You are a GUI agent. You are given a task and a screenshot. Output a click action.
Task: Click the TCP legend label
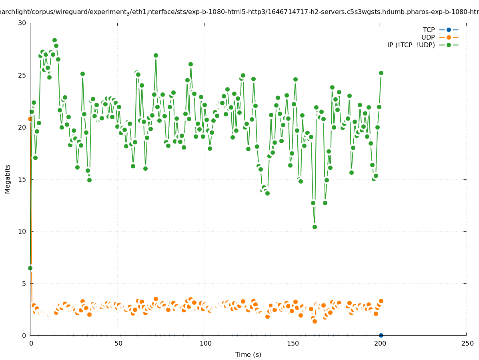pyautogui.click(x=429, y=30)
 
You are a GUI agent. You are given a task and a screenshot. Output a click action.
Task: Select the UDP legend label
pyautogui.click(x=428, y=37)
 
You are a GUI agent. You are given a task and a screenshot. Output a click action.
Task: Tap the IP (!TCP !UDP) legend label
pyautogui.click(x=411, y=45)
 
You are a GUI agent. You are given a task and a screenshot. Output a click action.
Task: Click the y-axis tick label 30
pyautogui.click(x=22, y=23)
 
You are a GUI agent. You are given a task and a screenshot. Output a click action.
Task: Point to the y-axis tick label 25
pyautogui.click(x=22, y=75)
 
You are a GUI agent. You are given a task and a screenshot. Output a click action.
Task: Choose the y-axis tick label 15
pyautogui.click(x=22, y=179)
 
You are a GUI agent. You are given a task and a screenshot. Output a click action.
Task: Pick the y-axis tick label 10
pyautogui.click(x=22, y=231)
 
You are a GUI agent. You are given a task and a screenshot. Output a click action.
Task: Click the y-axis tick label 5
pyautogui.click(x=24, y=284)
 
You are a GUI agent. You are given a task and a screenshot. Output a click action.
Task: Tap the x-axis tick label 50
pyautogui.click(x=118, y=344)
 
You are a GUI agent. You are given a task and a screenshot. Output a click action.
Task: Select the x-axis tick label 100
pyautogui.click(x=205, y=344)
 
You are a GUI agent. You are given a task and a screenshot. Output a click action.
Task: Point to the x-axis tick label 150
pyautogui.click(x=293, y=344)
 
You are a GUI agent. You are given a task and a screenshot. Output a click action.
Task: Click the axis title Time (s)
pyautogui.click(x=248, y=354)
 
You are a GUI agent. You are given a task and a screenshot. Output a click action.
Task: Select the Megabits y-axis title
pyautogui.click(x=8, y=179)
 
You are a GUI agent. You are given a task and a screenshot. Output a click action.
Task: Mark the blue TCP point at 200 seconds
pyautogui.click(x=381, y=335)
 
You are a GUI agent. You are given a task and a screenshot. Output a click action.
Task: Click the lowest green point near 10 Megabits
pyautogui.click(x=315, y=227)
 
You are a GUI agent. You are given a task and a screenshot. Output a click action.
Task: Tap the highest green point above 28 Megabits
pyautogui.click(x=54, y=40)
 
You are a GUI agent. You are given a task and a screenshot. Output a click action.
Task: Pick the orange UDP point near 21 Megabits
pyautogui.click(x=30, y=119)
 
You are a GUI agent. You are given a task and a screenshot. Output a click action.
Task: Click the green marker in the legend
pyautogui.click(x=449, y=45)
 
